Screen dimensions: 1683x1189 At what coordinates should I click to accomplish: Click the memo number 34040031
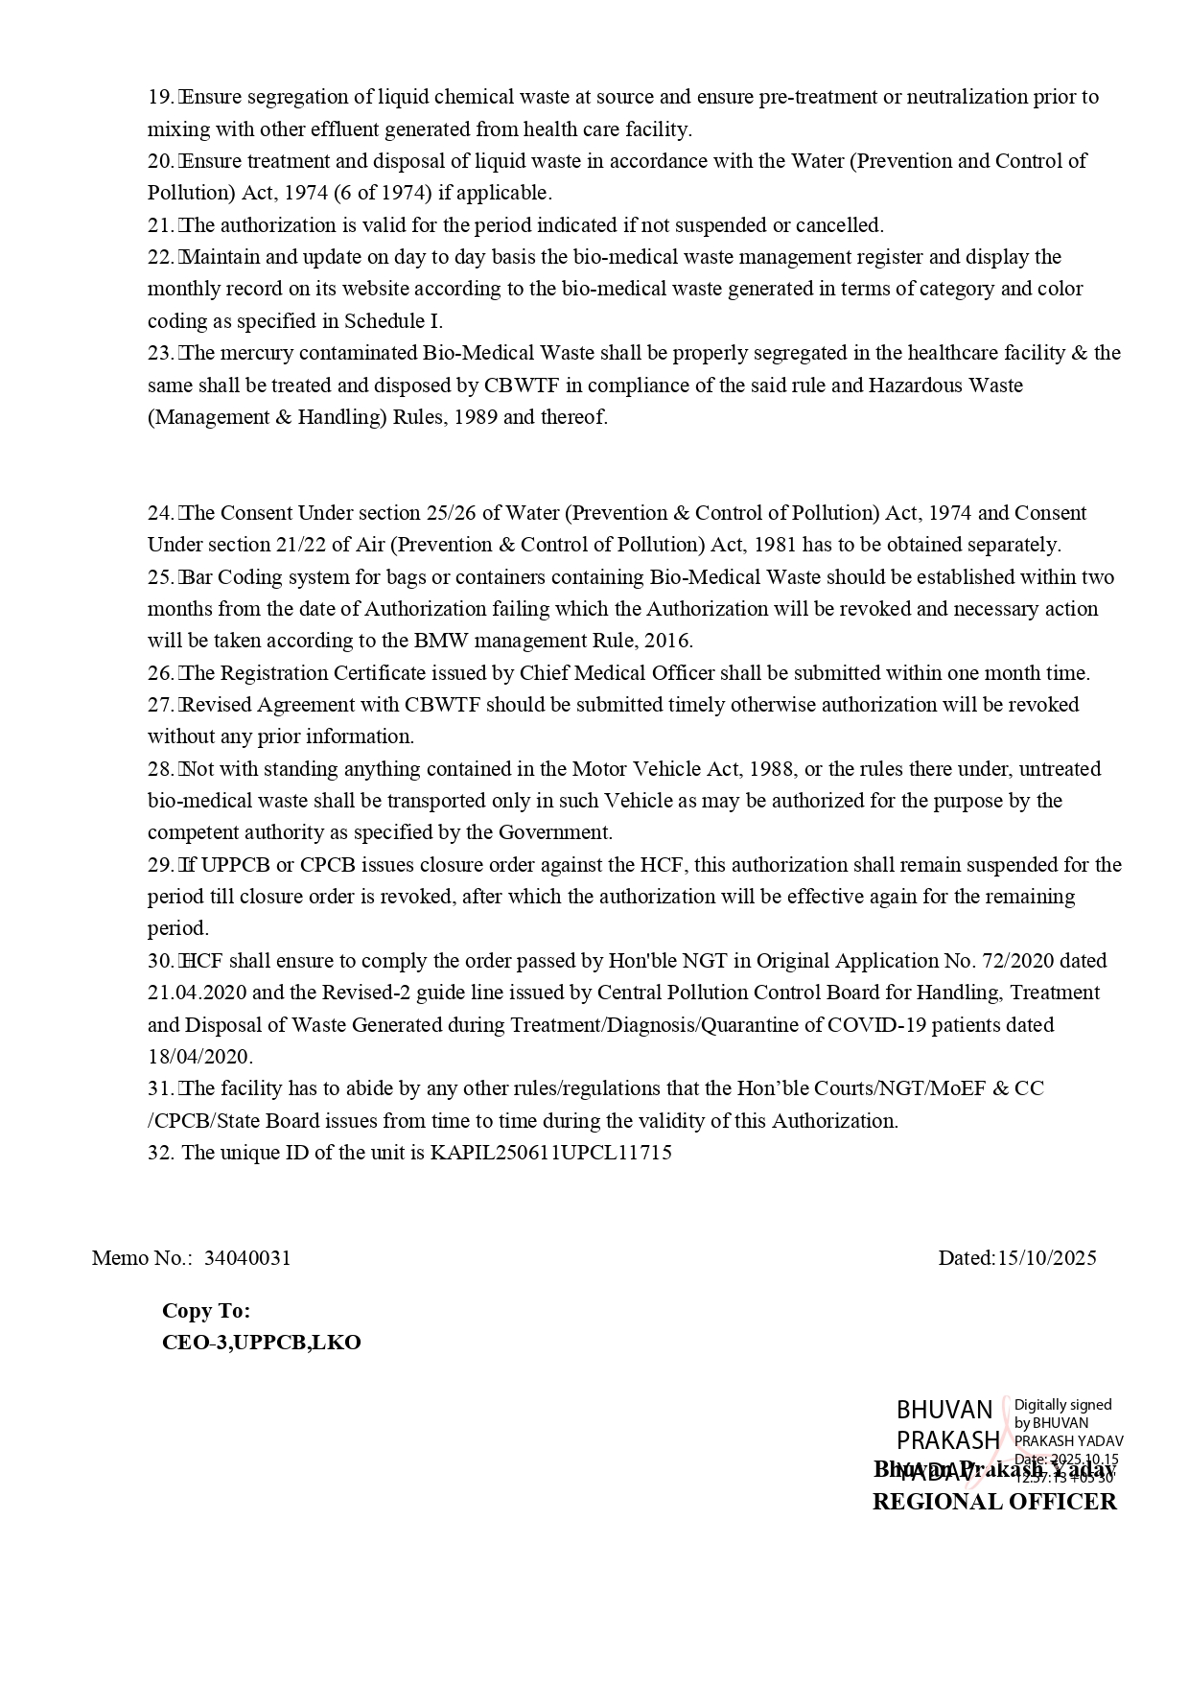[247, 1258]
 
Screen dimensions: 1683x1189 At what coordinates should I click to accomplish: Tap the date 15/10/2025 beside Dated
[1046, 1258]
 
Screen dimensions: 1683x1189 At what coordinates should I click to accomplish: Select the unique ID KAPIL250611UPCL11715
[550, 1153]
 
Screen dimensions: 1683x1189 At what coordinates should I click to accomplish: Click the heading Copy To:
[206, 1311]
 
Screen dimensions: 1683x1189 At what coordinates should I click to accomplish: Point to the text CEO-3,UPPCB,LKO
[261, 1343]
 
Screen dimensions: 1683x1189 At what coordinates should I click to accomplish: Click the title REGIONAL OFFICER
[994, 1502]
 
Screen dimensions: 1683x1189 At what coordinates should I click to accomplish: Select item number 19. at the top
[160, 97]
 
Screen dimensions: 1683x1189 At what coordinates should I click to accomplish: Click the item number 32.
[160, 1153]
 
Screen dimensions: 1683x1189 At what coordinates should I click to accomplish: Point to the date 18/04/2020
[198, 1057]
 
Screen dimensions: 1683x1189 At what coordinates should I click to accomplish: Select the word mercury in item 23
[257, 353]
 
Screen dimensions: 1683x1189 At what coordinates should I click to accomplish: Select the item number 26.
[160, 673]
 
